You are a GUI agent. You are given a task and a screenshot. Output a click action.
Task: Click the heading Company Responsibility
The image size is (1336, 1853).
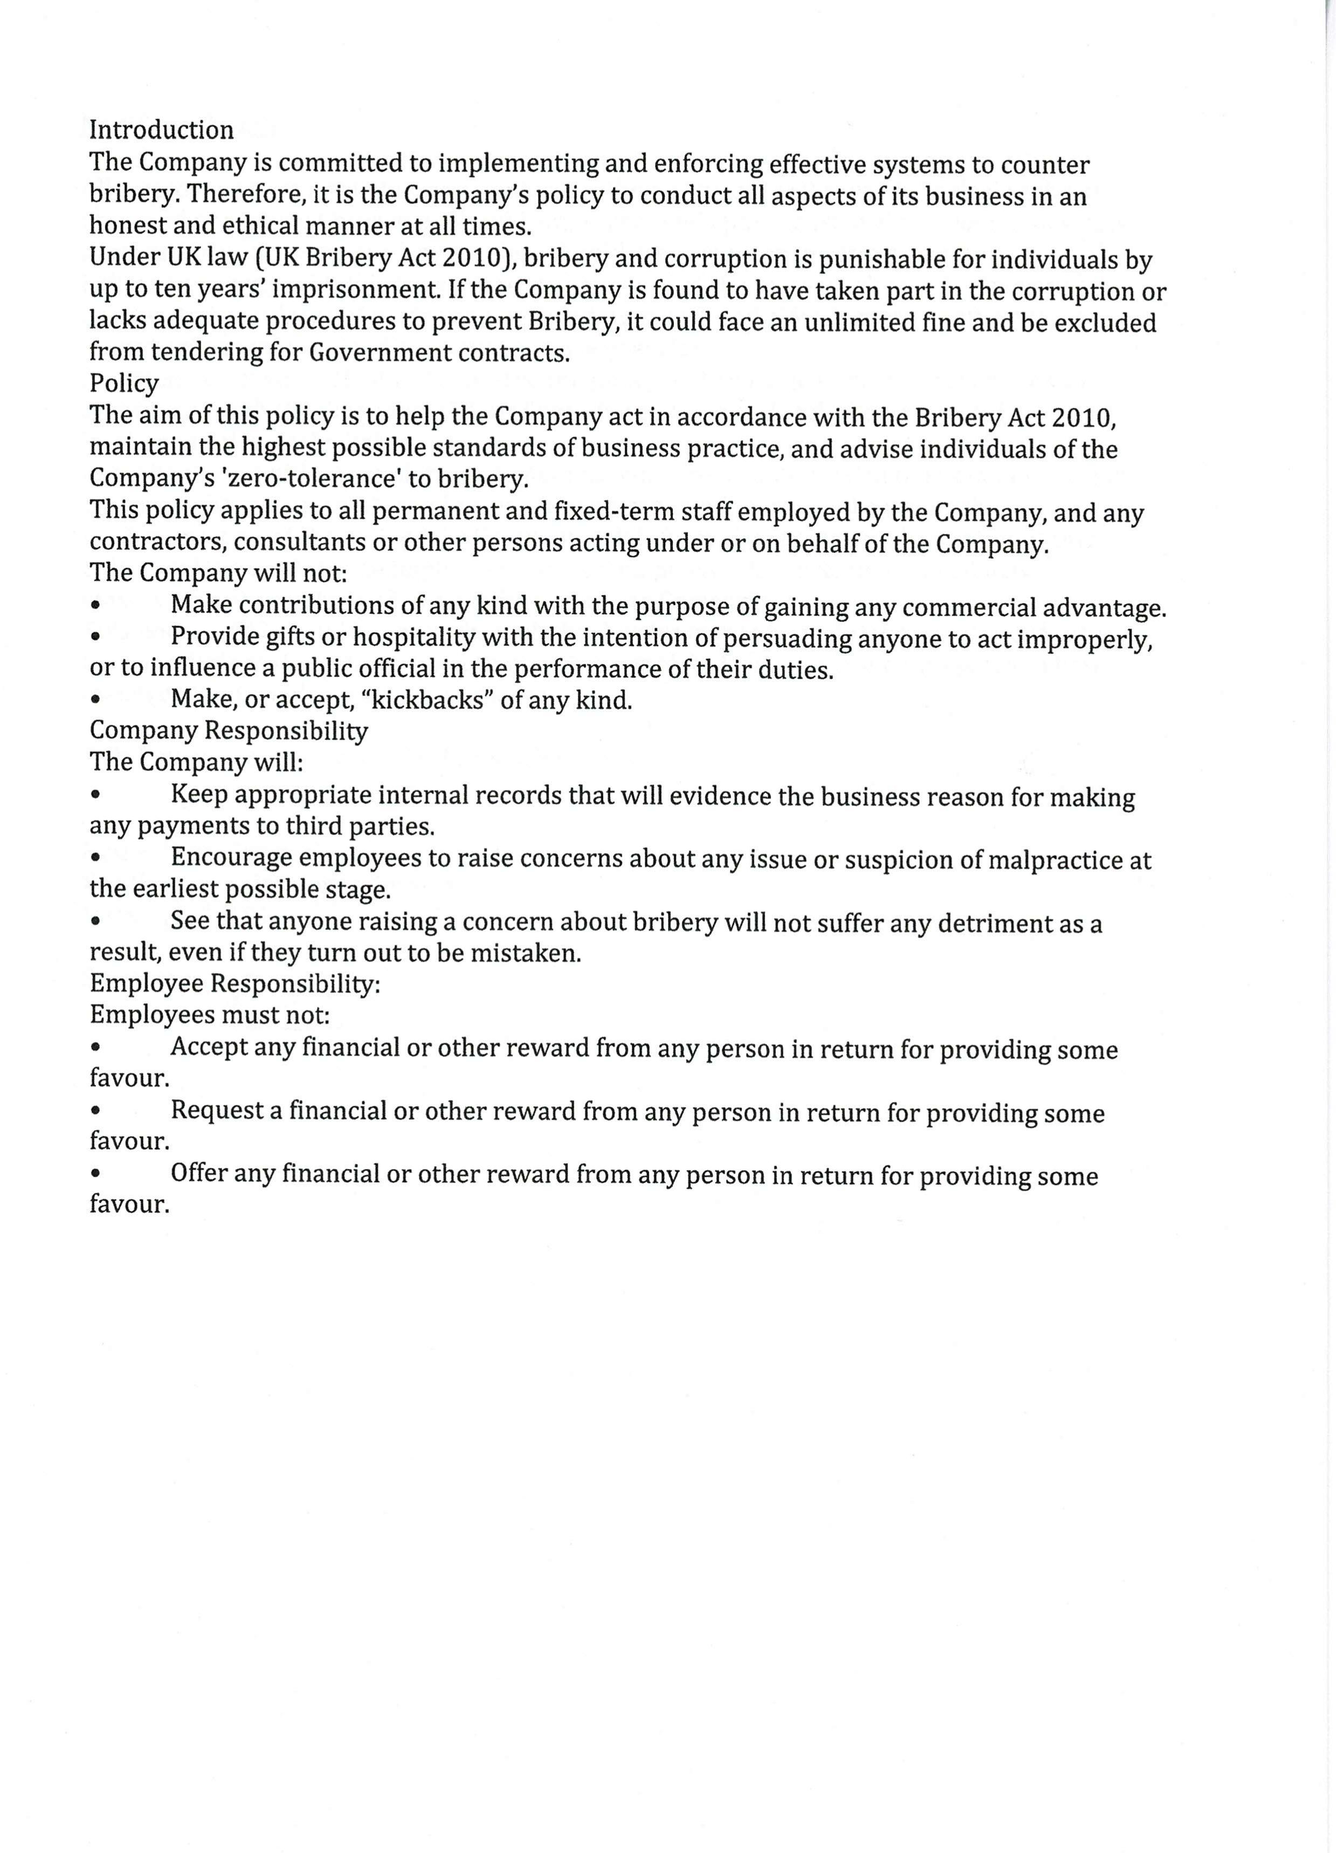coord(229,730)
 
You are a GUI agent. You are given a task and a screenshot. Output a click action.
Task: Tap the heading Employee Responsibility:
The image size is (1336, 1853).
coord(235,984)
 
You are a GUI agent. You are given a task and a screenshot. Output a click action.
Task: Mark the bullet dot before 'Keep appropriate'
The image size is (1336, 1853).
coord(97,795)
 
